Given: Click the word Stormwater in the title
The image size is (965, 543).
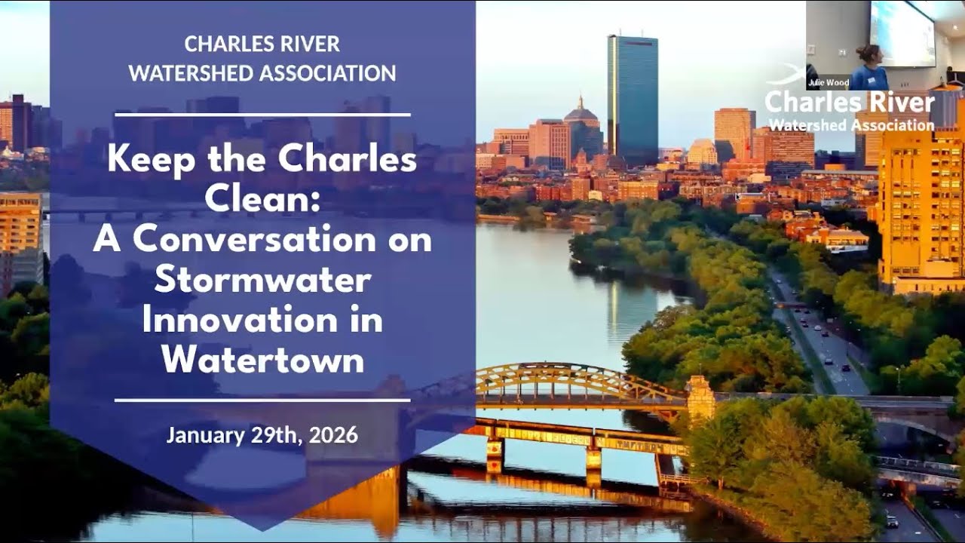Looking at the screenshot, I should [x=262, y=281].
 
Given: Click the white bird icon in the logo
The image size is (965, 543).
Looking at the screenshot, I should [x=784, y=75].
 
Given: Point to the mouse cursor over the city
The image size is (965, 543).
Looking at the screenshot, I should [x=738, y=195].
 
